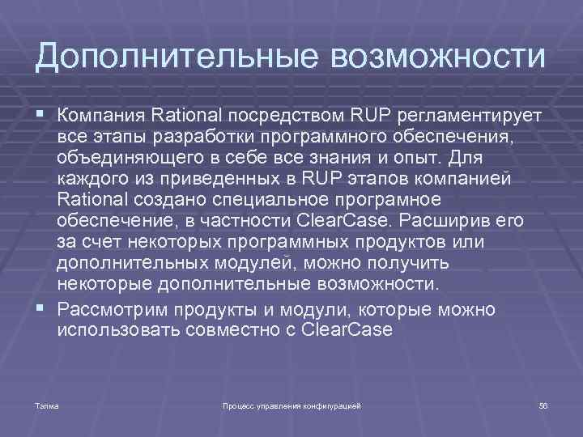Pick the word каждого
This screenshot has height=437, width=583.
[x=91, y=176]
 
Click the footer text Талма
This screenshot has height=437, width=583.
[x=47, y=404]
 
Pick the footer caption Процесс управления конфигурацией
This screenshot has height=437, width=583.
[x=291, y=404]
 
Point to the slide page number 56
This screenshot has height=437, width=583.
[x=543, y=404]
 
